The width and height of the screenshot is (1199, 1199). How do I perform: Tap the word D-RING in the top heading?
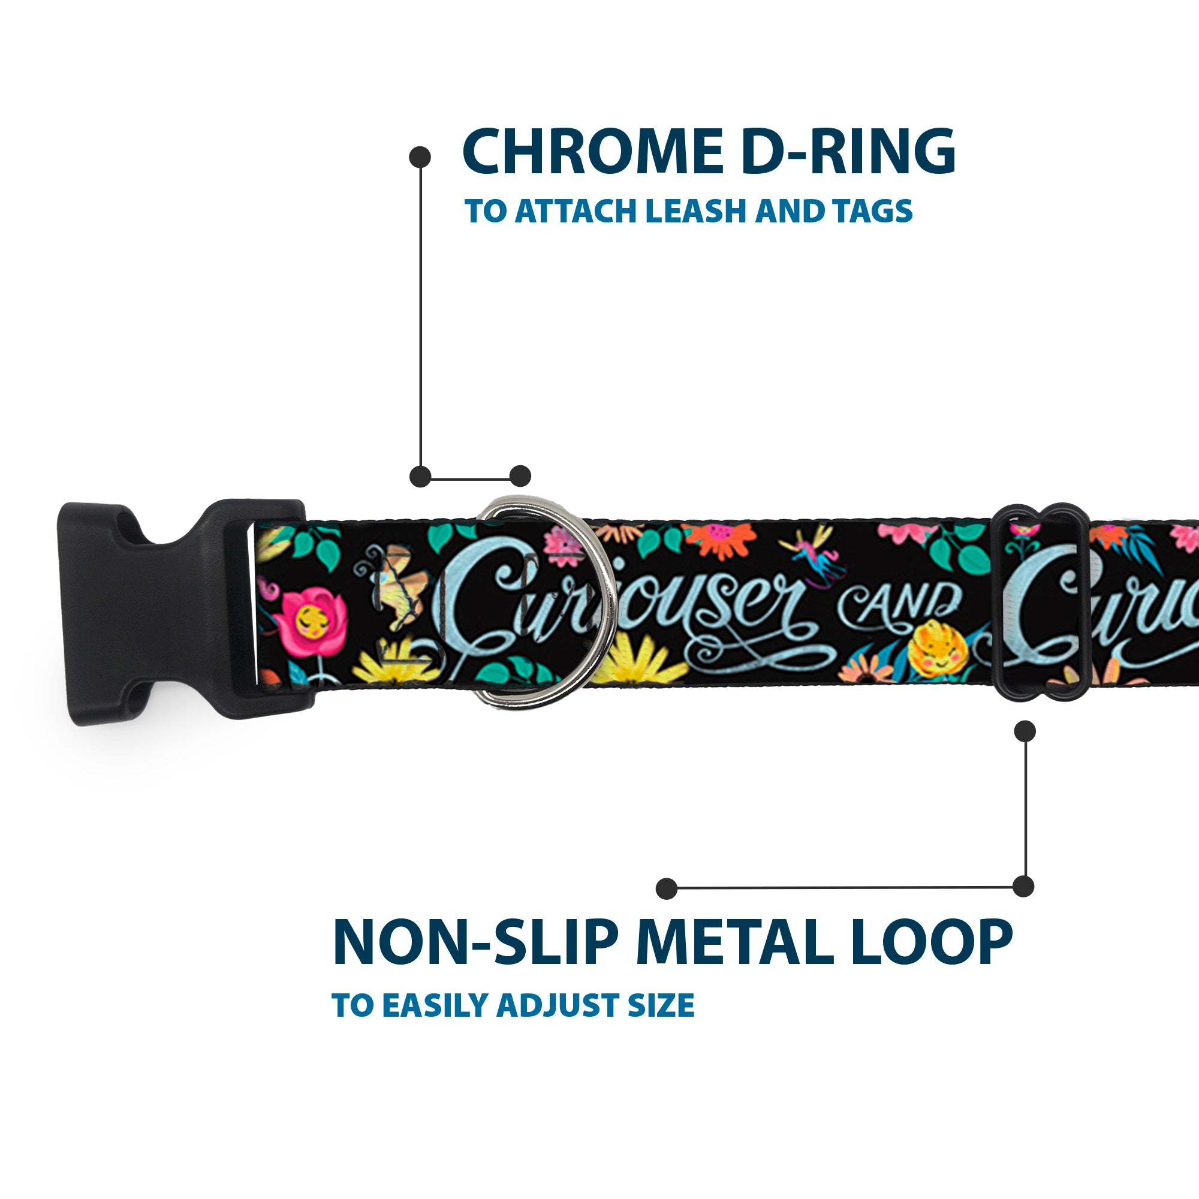click(848, 152)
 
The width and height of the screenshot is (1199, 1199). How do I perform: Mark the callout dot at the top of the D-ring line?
click(420, 156)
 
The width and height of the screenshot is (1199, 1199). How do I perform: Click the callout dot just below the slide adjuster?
click(1025, 731)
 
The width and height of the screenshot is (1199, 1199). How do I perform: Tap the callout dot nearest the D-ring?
click(520, 476)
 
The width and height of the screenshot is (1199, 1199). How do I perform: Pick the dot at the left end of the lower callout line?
click(667, 888)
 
